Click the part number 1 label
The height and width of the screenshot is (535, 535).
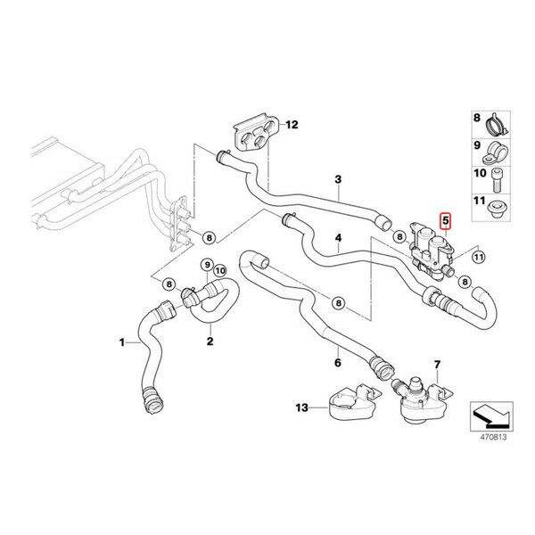click(123, 342)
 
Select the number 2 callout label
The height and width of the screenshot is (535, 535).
click(210, 340)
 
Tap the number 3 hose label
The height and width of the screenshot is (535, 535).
click(338, 179)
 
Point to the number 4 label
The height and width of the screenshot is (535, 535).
click(338, 239)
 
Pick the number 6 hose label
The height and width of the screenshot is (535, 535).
click(338, 363)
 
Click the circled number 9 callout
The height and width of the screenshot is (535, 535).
click(207, 265)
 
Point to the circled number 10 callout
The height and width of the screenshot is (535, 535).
click(220, 270)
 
